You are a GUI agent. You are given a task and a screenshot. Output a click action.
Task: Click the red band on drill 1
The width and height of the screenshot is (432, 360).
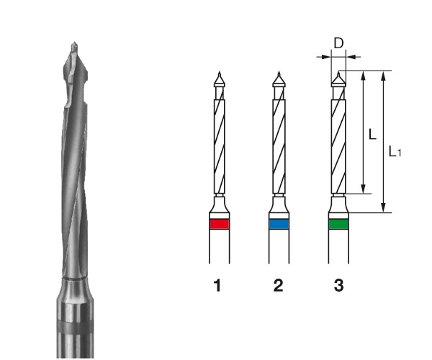point(220,224)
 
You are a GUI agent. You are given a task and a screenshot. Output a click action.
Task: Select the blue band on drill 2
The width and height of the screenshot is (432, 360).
point(279,224)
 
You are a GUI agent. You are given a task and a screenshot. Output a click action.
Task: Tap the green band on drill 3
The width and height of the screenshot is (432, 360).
point(338,224)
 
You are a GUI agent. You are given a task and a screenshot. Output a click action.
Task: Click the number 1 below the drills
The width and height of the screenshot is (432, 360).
point(217,285)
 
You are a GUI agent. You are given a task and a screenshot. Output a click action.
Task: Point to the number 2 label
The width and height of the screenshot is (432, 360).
point(278,285)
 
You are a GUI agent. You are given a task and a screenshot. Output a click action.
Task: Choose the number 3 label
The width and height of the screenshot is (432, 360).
point(339,285)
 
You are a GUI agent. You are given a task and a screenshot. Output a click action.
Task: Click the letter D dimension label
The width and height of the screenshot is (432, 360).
point(338,43)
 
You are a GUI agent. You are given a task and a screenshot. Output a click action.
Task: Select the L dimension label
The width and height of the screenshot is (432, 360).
point(372,135)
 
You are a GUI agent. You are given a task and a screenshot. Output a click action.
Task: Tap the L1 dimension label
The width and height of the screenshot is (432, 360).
point(395,151)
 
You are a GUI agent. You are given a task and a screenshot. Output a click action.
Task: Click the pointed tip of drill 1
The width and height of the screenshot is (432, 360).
point(220,72)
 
